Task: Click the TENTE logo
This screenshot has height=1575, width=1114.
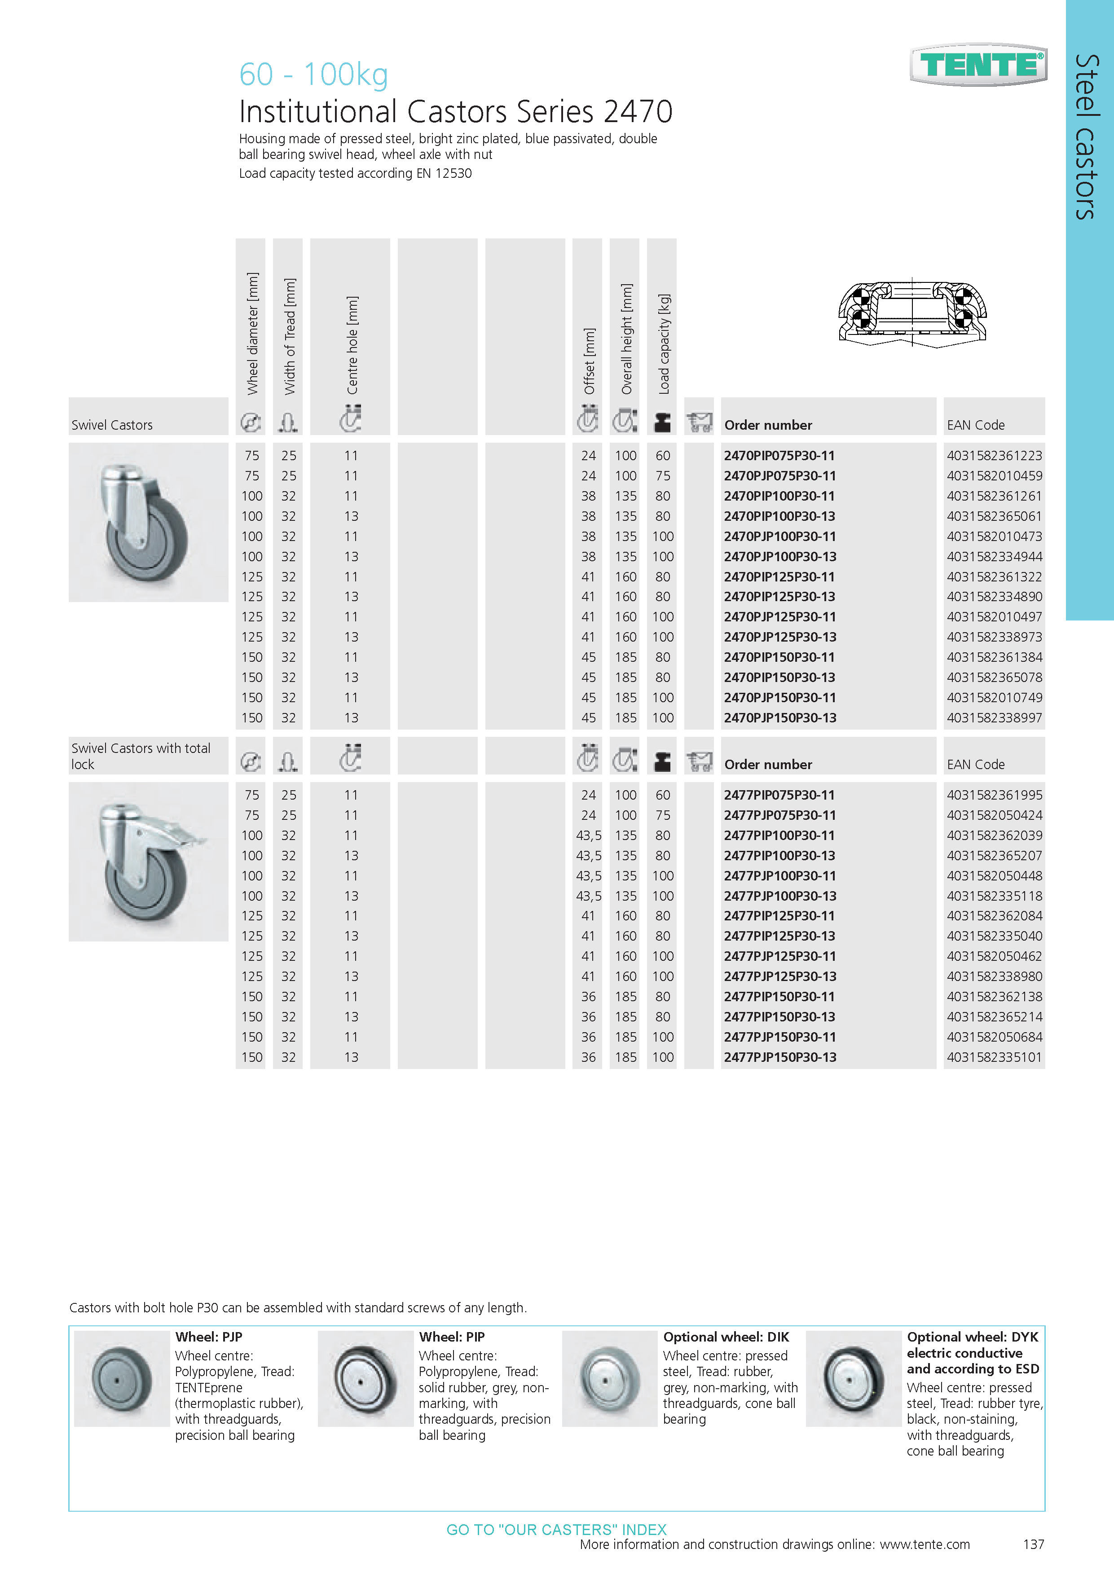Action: tap(978, 65)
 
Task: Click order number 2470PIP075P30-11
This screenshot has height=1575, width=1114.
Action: tap(779, 456)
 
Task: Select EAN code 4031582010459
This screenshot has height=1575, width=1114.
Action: tap(994, 476)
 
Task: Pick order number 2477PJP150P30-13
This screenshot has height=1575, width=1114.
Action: tap(780, 1057)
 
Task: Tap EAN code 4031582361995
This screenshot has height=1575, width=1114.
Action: tap(994, 795)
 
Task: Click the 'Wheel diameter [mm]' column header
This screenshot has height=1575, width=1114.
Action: tap(252, 334)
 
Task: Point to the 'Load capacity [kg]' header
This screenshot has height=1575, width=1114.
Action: tap(663, 344)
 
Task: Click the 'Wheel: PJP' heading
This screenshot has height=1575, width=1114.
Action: tap(208, 1337)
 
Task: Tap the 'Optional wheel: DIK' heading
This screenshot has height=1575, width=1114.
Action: tap(726, 1337)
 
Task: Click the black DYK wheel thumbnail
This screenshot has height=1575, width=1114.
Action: tap(853, 1379)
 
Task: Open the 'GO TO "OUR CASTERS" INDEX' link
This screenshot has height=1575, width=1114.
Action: tap(556, 1530)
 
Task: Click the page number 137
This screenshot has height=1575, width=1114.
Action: tap(1033, 1544)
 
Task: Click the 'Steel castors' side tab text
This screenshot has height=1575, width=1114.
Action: tap(1087, 137)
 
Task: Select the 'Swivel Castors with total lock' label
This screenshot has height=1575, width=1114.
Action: tap(141, 756)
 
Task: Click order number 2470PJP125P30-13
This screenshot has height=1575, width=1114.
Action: tap(780, 637)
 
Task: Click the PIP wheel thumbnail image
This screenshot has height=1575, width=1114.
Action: tap(365, 1379)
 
